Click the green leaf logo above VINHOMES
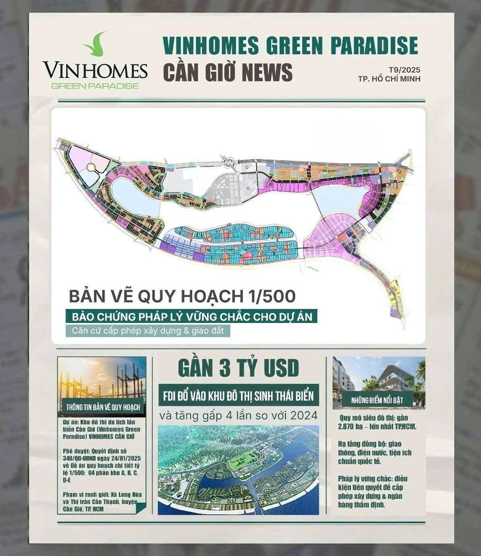(95, 44)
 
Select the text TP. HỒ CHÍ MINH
(389, 79)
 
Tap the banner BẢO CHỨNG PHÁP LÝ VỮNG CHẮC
(191, 317)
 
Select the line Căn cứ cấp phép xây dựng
(147, 331)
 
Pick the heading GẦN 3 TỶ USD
(238, 369)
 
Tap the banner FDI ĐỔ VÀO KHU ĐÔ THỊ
(238, 396)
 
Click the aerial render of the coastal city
(238, 470)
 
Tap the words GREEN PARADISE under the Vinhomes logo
(95, 85)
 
